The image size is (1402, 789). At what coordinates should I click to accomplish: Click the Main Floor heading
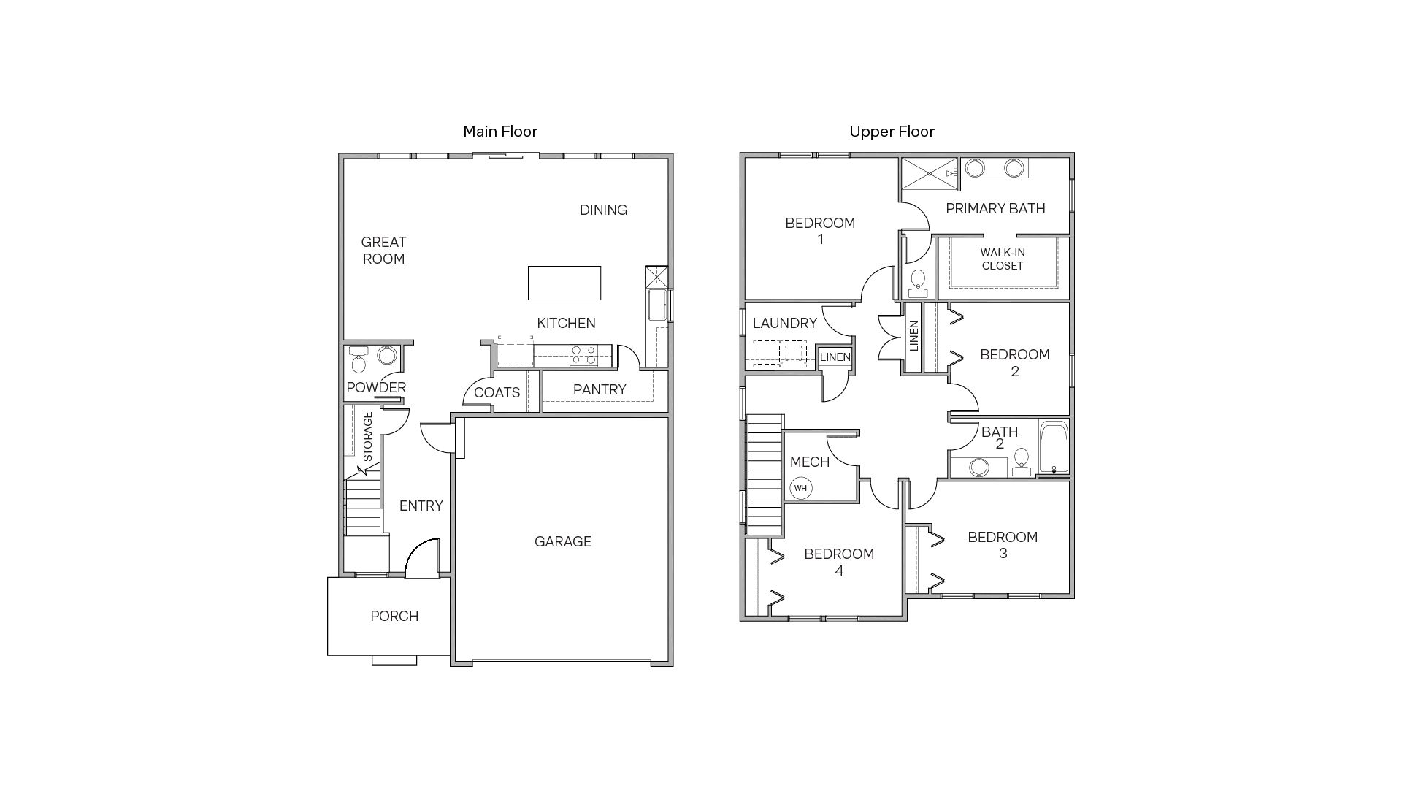click(500, 131)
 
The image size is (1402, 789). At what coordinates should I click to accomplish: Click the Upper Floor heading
click(892, 131)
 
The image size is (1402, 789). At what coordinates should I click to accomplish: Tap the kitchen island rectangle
click(564, 283)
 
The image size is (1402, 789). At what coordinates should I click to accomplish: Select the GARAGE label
click(562, 541)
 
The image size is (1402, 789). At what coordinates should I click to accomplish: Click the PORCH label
click(394, 616)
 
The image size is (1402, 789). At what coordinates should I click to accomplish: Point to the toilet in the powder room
click(359, 361)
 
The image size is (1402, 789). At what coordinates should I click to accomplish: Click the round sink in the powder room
click(386, 356)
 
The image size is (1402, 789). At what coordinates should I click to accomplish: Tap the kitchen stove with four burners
click(583, 356)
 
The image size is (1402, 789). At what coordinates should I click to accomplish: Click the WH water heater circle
click(801, 488)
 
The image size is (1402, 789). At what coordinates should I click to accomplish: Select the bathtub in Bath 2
click(1053, 447)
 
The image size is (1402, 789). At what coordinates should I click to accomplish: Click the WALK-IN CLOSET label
click(1003, 259)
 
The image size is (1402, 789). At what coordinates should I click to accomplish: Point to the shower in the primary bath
click(928, 174)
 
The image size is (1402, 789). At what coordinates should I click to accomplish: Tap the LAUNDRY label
click(784, 323)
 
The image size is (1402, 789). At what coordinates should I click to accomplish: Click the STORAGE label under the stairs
click(368, 437)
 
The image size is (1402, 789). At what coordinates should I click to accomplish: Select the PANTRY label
click(600, 389)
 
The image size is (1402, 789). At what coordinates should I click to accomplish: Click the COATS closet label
click(497, 392)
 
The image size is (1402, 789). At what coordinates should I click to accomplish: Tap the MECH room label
click(809, 462)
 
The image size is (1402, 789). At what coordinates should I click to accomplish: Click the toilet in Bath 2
click(1022, 461)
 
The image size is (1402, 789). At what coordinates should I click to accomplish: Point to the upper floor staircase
click(764, 475)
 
